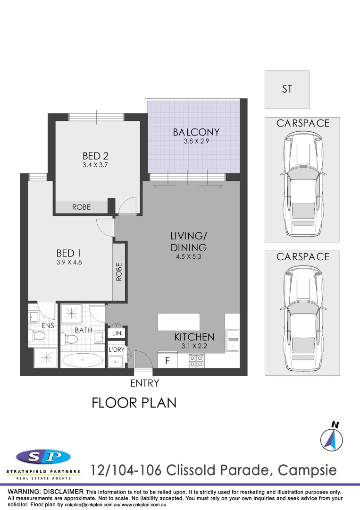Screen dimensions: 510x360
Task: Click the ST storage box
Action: [287, 89]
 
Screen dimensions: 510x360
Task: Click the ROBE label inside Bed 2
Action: [81, 207]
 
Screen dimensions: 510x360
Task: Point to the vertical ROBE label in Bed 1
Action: [119, 272]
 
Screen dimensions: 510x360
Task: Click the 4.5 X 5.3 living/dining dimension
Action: [189, 257]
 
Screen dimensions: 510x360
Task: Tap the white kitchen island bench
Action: [178, 322]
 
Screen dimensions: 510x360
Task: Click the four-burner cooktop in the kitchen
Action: [196, 361]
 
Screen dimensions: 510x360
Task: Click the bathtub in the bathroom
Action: [83, 361]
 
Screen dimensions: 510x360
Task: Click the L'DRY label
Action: [116, 350]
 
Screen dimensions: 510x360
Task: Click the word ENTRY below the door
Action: [144, 383]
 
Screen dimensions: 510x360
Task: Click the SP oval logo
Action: [43, 457]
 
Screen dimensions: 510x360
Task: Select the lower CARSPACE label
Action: [302, 257]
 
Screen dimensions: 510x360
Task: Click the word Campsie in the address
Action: [307, 470]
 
